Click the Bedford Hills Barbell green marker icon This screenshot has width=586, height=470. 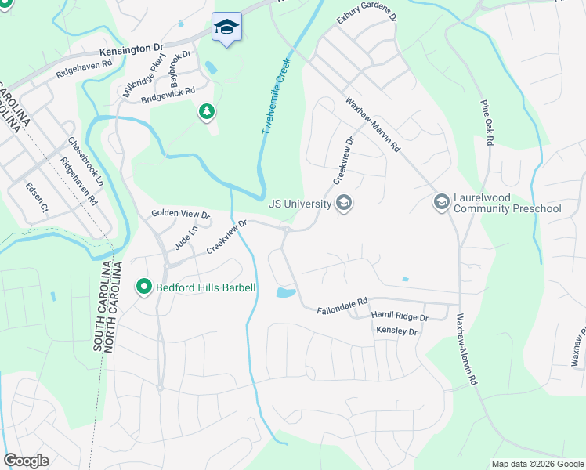143,287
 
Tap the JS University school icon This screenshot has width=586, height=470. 343,204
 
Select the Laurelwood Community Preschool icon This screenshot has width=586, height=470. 441,203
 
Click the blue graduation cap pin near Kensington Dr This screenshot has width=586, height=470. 226,27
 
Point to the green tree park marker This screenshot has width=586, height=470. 206,113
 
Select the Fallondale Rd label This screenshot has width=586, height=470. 342,305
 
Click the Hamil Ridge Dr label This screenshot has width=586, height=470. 400,317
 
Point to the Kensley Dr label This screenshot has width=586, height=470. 399,332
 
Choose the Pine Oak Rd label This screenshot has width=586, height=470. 488,122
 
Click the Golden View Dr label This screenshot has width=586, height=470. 181,215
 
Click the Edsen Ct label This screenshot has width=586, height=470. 37,198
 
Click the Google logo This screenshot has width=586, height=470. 27,461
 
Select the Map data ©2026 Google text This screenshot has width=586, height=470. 537,464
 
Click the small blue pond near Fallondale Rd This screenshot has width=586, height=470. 286,294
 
